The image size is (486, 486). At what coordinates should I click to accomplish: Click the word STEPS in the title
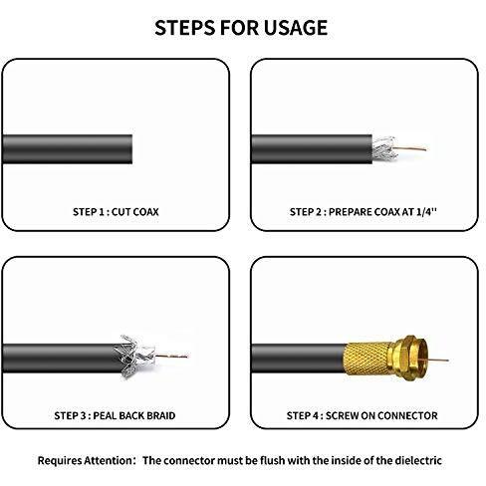point(185,28)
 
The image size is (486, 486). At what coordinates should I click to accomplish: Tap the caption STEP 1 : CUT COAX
point(116,212)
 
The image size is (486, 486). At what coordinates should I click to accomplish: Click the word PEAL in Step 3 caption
point(105,415)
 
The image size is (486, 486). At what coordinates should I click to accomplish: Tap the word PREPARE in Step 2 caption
point(349,212)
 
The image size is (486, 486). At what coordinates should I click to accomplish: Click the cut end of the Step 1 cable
point(131,149)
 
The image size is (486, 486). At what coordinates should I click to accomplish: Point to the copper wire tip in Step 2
point(425,149)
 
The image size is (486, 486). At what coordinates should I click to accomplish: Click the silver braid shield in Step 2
point(384,148)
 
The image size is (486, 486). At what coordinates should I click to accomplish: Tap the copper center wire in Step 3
point(171,357)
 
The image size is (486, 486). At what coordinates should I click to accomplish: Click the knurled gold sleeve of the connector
point(367,359)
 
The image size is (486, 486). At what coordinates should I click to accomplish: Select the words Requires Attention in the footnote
point(85,461)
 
